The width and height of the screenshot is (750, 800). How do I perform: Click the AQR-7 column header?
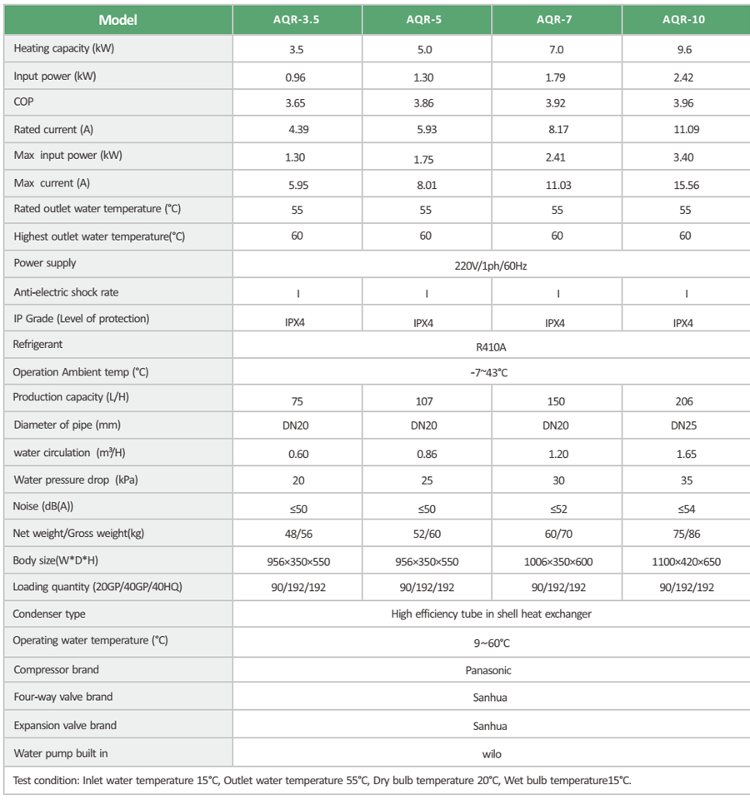tap(557, 20)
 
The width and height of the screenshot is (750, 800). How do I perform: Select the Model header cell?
tap(117, 20)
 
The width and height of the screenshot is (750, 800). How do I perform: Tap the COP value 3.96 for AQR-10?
tap(686, 105)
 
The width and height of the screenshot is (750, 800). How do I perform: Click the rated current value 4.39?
tap(297, 130)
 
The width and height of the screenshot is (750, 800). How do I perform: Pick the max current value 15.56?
tap(686, 185)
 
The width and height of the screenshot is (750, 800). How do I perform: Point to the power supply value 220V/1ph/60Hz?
tap(491, 267)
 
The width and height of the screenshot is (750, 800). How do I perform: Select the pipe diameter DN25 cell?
tap(684, 426)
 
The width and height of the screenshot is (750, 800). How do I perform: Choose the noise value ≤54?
tap(686, 509)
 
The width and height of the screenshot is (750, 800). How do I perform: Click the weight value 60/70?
tap(557, 535)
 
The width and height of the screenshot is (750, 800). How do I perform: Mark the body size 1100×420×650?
tap(686, 562)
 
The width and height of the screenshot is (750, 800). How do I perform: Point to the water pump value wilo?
tap(492, 754)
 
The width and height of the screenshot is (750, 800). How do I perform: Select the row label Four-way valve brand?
tap(63, 697)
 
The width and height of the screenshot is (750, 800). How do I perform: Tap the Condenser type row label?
tap(49, 614)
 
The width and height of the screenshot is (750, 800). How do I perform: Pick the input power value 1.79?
tap(556, 78)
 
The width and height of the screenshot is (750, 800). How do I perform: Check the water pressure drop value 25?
tap(426, 481)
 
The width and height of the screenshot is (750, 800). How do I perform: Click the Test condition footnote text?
tap(322, 781)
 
